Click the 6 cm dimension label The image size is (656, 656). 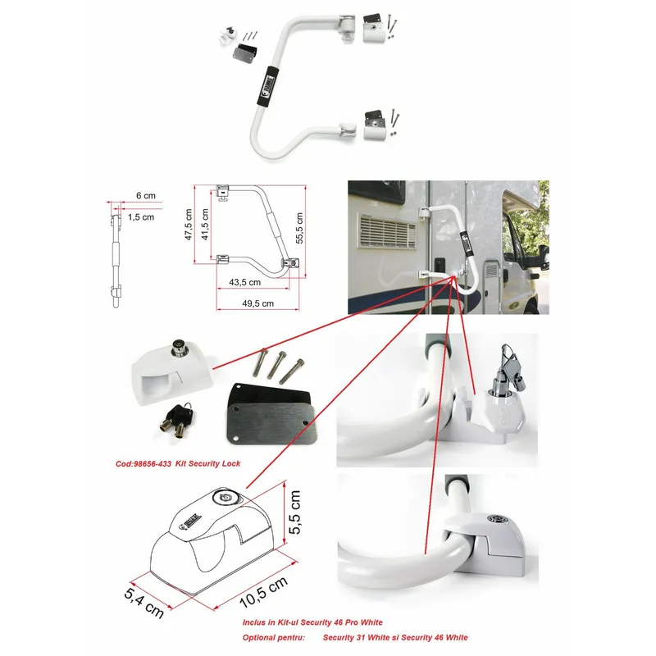pyautogui.click(x=145, y=196)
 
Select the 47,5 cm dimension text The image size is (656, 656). pyautogui.click(x=188, y=223)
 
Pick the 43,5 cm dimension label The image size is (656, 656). pyautogui.click(x=244, y=281)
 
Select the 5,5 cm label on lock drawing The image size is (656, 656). pyautogui.click(x=295, y=512)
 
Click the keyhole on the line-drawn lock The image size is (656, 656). pyautogui.click(x=221, y=498)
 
